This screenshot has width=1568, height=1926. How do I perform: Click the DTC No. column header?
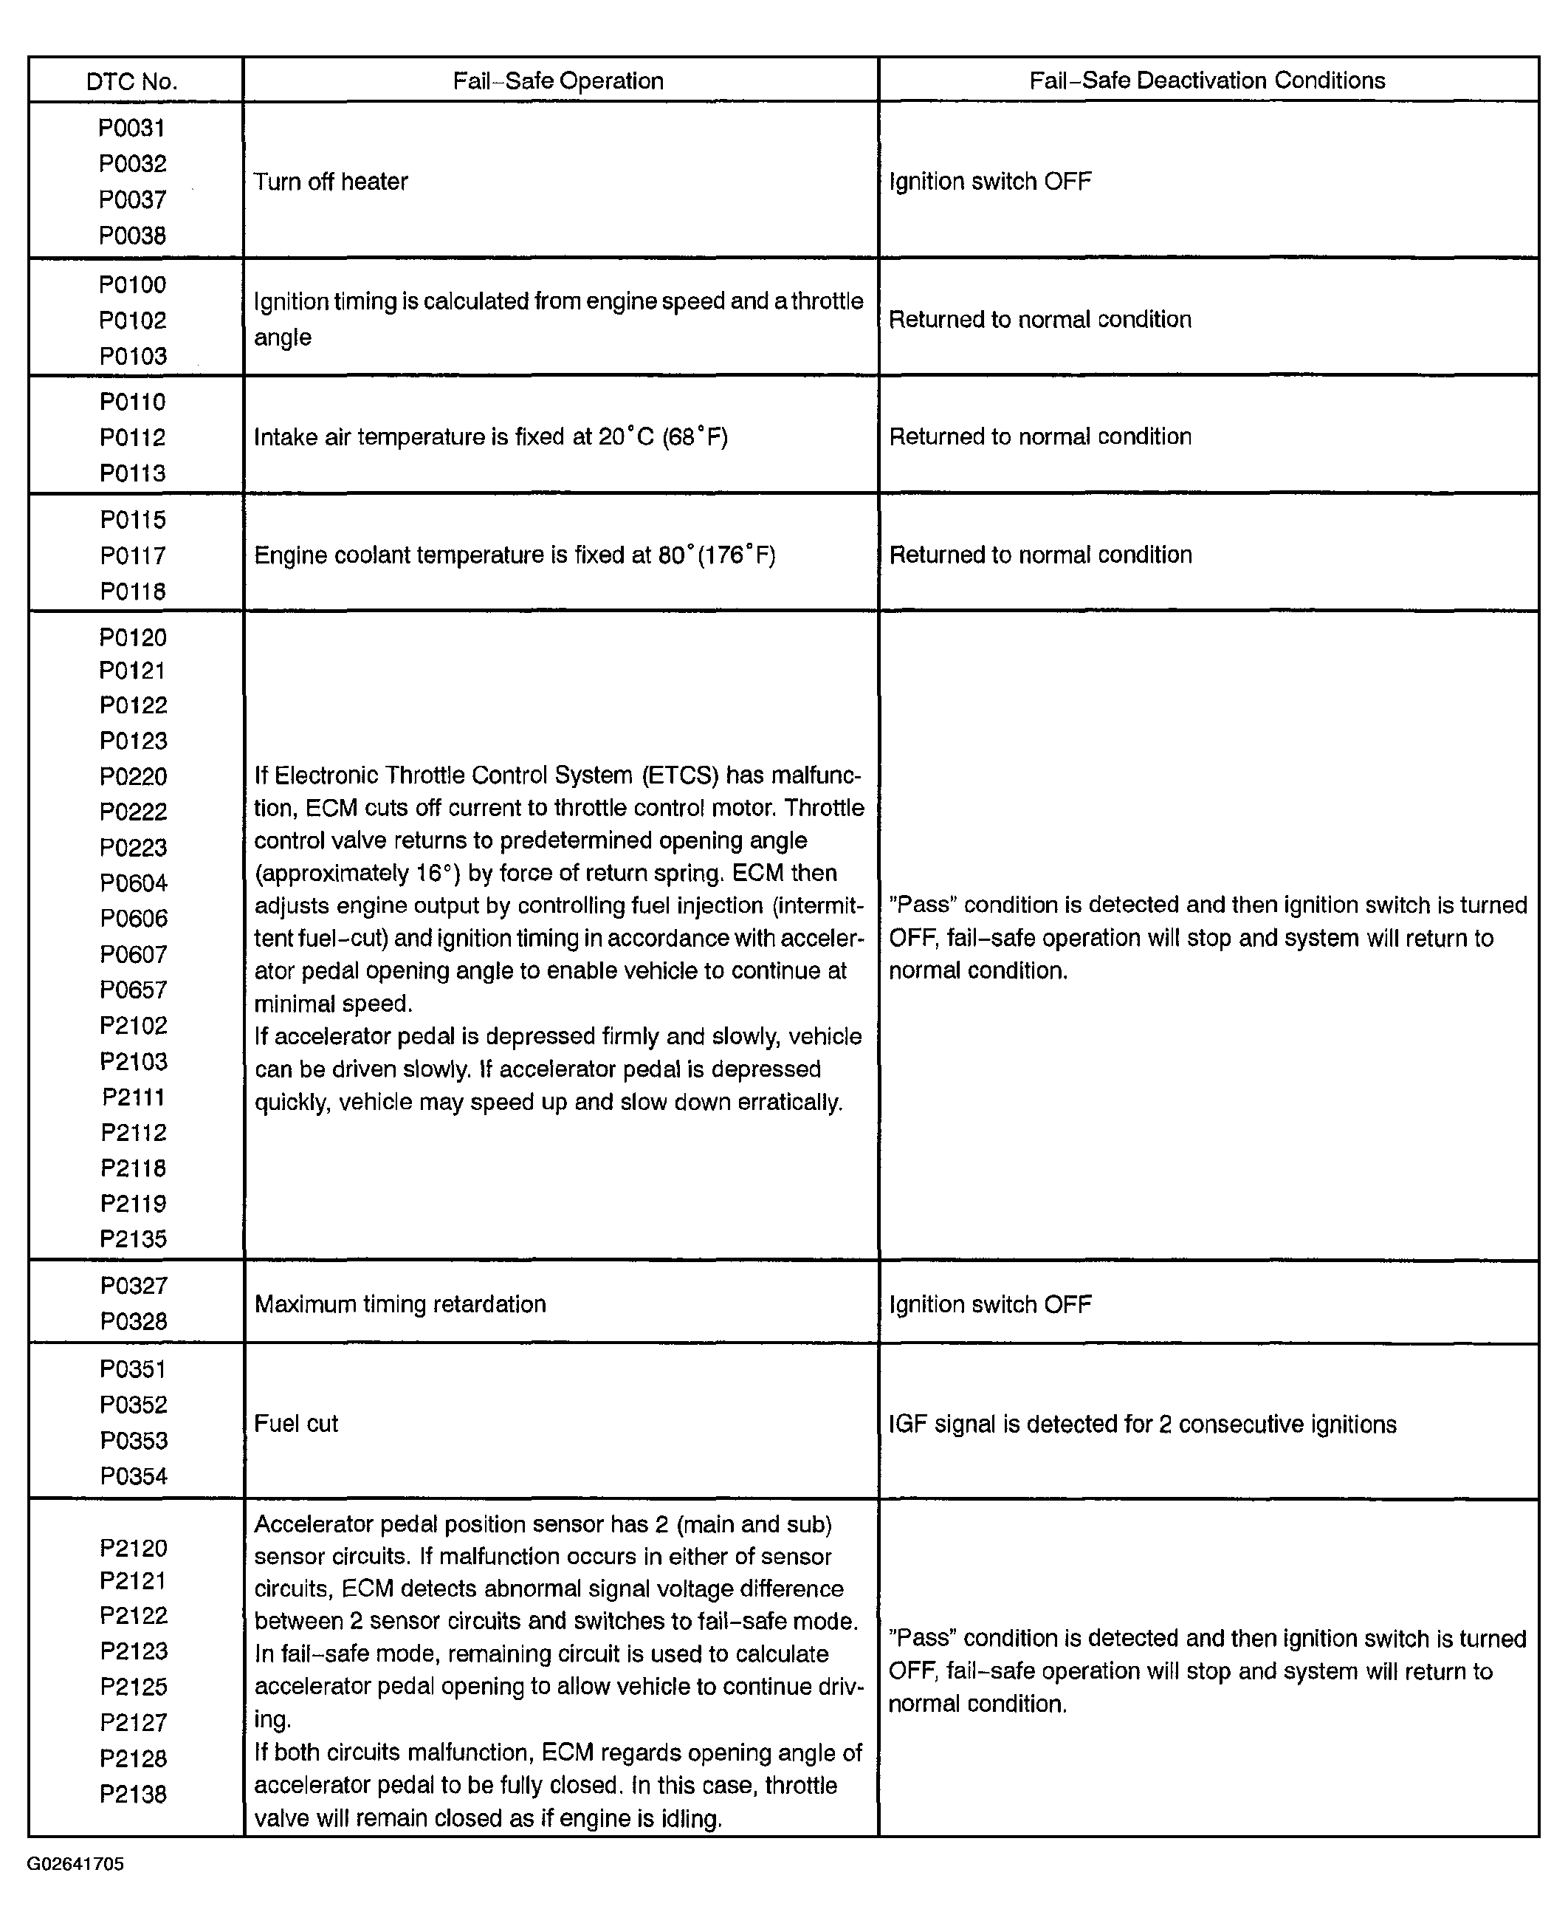tap(132, 82)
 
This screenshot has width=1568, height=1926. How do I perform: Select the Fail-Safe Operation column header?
tap(558, 81)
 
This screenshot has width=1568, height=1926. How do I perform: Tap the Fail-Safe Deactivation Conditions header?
tap(1207, 80)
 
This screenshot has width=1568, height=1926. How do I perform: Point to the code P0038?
tap(133, 236)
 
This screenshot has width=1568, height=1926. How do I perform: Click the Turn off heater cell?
tap(331, 182)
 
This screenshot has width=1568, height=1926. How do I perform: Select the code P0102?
tap(133, 321)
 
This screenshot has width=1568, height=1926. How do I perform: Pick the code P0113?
tap(133, 473)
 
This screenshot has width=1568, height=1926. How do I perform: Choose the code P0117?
tap(133, 555)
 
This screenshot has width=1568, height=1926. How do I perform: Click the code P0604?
tap(134, 883)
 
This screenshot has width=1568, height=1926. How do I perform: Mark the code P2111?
tap(134, 1097)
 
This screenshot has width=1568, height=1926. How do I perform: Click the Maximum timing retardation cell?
tap(400, 1304)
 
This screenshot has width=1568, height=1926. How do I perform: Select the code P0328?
tap(134, 1322)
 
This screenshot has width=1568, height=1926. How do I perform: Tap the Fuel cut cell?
tap(296, 1424)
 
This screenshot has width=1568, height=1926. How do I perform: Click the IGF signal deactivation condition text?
tap(1143, 1425)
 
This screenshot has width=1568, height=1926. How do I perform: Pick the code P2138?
tap(134, 1793)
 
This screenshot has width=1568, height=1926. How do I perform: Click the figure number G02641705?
tap(76, 1865)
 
